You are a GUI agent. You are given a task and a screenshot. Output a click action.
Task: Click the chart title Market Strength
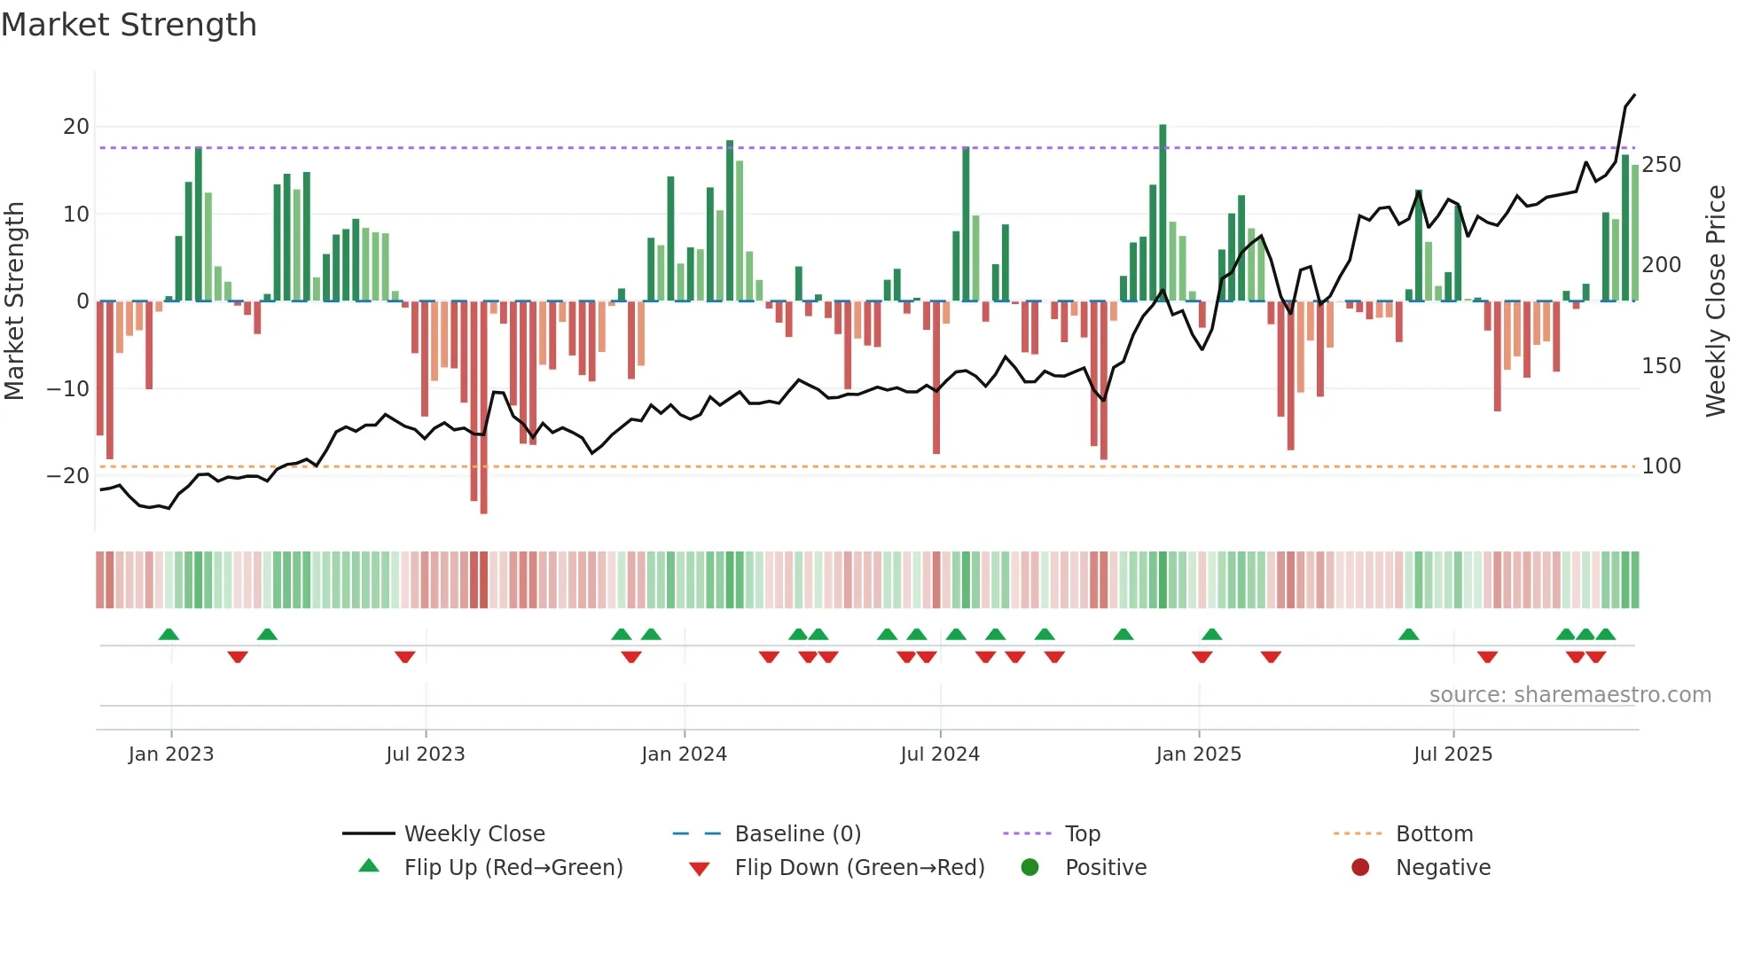pyautogui.click(x=129, y=25)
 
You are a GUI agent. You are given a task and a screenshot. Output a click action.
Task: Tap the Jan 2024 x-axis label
pyautogui.click(x=684, y=754)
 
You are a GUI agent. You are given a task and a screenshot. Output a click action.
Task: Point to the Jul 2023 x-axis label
pyautogui.click(x=426, y=754)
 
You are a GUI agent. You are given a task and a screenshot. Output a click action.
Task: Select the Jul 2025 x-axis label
pyautogui.click(x=1452, y=754)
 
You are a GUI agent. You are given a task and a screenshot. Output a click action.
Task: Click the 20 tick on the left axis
pyautogui.click(x=76, y=127)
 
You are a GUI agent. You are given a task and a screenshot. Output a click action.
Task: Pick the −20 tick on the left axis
pyautogui.click(x=69, y=476)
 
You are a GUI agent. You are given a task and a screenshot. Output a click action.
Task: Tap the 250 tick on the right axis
pyautogui.click(x=1661, y=165)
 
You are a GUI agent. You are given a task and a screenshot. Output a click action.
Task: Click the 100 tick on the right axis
pyautogui.click(x=1661, y=466)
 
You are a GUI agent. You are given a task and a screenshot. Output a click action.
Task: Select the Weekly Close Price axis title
pyautogui.click(x=1716, y=301)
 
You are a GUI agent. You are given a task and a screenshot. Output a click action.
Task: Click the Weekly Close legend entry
pyautogui.click(x=474, y=834)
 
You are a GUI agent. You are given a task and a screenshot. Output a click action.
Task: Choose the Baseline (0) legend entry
pyautogui.click(x=797, y=834)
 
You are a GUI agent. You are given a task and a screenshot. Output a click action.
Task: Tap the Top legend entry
pyautogui.click(x=1082, y=834)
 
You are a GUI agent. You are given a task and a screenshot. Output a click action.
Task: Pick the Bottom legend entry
pyautogui.click(x=1434, y=834)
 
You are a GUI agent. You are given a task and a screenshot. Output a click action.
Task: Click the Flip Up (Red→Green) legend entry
pyautogui.click(x=513, y=868)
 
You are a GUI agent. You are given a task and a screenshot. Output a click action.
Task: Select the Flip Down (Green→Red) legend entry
pyautogui.click(x=859, y=868)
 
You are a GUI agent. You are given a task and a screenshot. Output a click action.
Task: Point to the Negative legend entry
pyautogui.click(x=1443, y=868)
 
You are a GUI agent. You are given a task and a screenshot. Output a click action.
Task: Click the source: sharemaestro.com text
pyautogui.click(x=1570, y=695)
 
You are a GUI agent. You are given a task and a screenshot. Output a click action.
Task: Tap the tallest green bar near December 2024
pyautogui.click(x=1163, y=213)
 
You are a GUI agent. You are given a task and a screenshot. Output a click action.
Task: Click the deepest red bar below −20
pyautogui.click(x=483, y=408)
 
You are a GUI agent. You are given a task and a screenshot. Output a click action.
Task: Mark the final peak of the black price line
pyautogui.click(x=1634, y=95)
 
